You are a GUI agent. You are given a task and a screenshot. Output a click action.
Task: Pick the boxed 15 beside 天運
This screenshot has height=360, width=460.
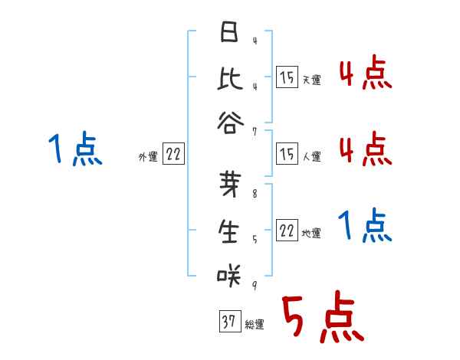(x=287, y=77)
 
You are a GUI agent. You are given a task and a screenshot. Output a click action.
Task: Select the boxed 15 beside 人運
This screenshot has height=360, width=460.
(x=287, y=154)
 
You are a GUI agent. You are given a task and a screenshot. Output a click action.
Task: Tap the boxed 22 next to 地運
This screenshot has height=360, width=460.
(x=287, y=231)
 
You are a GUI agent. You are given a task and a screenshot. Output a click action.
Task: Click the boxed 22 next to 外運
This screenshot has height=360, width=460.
(x=174, y=155)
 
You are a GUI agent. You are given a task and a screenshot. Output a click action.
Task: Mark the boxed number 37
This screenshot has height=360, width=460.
(x=228, y=322)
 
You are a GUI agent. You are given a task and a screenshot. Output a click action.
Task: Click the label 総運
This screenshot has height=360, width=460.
(x=255, y=325)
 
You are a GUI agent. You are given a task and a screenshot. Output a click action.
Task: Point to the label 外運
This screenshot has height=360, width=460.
(x=148, y=157)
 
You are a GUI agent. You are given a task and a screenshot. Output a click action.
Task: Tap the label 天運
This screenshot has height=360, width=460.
(x=311, y=80)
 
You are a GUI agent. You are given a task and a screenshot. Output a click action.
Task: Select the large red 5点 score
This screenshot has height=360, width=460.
(x=322, y=319)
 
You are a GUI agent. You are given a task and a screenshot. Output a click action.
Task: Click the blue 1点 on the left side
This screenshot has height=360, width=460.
(x=74, y=149)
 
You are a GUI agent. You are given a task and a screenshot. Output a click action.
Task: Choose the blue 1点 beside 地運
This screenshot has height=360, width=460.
(x=365, y=227)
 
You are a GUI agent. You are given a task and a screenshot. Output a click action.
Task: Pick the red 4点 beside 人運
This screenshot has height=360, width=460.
(x=365, y=148)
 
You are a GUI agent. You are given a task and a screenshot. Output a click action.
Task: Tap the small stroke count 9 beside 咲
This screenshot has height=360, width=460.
(x=255, y=285)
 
